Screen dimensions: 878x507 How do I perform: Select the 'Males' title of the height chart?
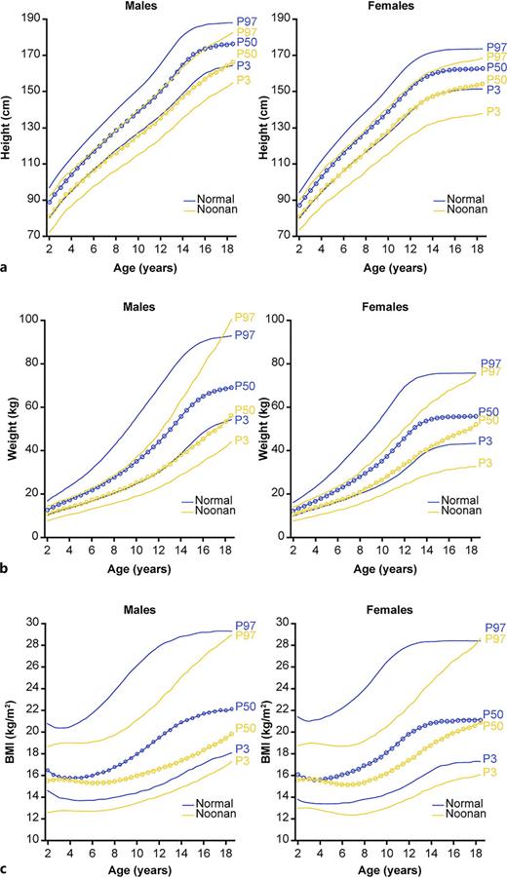point(141,6)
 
